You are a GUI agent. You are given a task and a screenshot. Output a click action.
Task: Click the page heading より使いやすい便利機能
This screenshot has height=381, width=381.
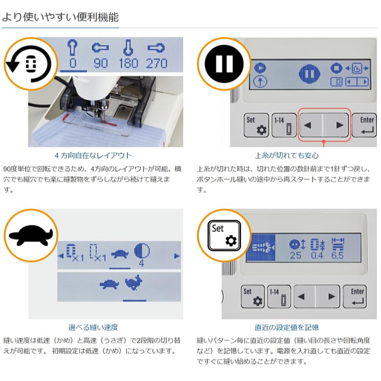(60, 17)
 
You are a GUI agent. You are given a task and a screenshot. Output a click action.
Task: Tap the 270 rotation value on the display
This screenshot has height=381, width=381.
(157, 63)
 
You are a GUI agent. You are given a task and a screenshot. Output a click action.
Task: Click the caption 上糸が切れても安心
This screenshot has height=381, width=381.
(287, 155)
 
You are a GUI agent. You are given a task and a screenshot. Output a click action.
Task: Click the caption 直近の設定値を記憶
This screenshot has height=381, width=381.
(287, 327)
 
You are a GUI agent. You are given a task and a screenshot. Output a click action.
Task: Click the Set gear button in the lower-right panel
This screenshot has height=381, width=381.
(253, 297)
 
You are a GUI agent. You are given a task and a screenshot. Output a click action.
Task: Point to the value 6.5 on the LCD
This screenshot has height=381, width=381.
(337, 256)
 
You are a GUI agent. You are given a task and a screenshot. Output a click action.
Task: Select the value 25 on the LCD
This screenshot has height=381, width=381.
(295, 256)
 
